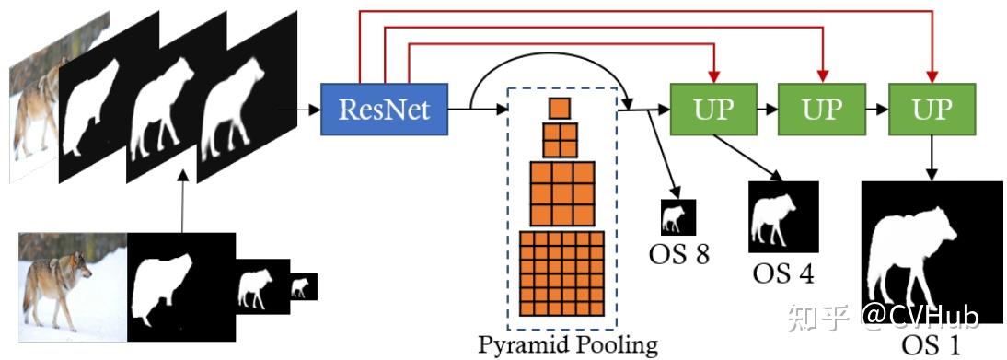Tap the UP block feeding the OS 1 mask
pyautogui.click(x=932, y=110)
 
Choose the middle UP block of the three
pyautogui.click(x=822, y=110)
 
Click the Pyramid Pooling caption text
pyautogui.click(x=568, y=345)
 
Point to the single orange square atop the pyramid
pyautogui.click(x=560, y=109)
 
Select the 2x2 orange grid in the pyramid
pyautogui.click(x=560, y=141)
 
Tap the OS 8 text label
pyautogui.click(x=677, y=253)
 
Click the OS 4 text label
pyautogui.click(x=783, y=273)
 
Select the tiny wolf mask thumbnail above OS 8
pyautogui.click(x=678, y=217)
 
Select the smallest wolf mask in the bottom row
pyautogui.click(x=303, y=286)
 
